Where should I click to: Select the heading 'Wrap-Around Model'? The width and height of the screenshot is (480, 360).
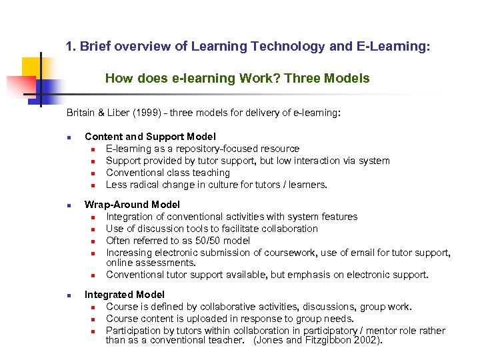point(132,205)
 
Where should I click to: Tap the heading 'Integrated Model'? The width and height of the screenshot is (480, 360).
point(124,295)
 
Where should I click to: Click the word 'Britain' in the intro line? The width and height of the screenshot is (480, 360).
point(80,113)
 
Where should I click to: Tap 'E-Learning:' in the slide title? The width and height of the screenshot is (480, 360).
point(393,47)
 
